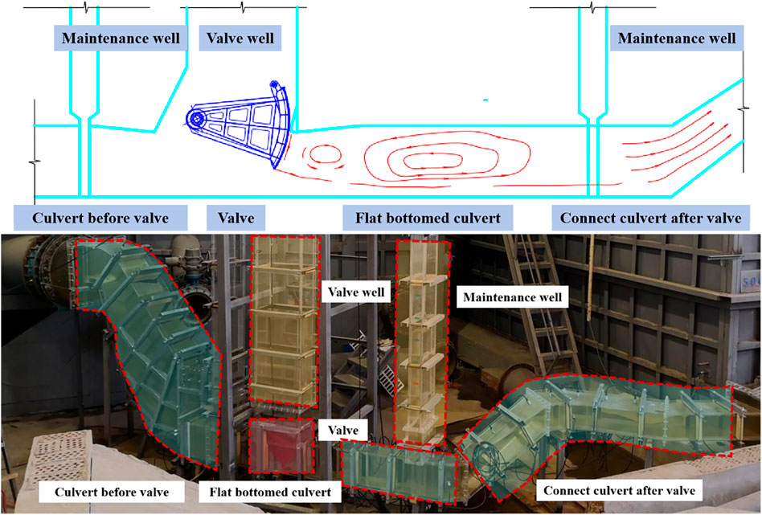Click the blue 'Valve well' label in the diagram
(x=240, y=38)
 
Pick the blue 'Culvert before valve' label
(x=100, y=218)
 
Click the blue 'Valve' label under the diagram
(x=236, y=218)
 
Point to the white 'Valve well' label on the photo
(x=356, y=292)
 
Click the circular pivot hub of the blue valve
(x=195, y=119)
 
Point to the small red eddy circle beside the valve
(x=324, y=153)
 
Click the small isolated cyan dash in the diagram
(x=485, y=100)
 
